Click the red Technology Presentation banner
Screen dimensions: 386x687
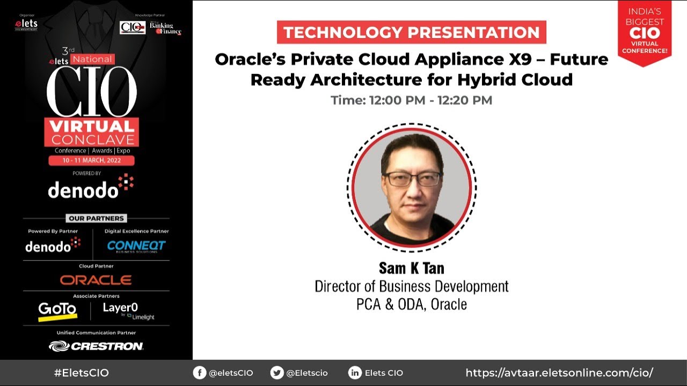click(411, 32)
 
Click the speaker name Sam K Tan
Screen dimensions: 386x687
click(412, 268)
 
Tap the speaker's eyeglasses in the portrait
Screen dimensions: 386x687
click(412, 179)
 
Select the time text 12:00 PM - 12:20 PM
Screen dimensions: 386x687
click(411, 100)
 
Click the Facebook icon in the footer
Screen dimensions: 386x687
click(200, 373)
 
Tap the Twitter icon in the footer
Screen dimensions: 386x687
click(277, 373)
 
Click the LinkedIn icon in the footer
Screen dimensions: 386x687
click(355, 373)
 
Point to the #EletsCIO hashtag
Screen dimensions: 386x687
click(81, 373)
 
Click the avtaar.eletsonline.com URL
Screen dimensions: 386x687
click(559, 373)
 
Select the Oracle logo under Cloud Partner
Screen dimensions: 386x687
click(96, 280)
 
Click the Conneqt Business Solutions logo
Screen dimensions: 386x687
click(136, 246)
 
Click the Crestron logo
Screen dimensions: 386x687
click(96, 346)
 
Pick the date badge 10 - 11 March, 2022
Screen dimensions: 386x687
click(91, 161)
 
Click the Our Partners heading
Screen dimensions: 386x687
click(96, 218)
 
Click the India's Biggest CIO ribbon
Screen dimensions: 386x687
click(645, 32)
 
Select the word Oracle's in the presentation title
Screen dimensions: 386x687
click(249, 59)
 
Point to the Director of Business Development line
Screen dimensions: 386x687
click(411, 286)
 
